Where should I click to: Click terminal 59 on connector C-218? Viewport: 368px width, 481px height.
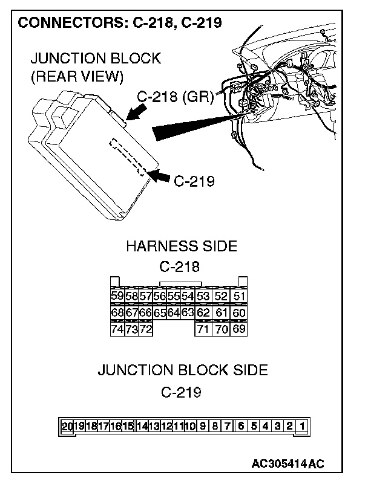[x=117, y=296]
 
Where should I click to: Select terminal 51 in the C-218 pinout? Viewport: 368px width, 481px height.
[x=240, y=296]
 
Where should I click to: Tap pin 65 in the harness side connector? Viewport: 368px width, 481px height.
[x=160, y=313]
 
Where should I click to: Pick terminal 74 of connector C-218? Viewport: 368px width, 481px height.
[x=117, y=329]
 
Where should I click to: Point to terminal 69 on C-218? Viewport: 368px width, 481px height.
[x=240, y=329]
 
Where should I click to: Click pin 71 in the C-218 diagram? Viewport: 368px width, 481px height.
[x=203, y=329]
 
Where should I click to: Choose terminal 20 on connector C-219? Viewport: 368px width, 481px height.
[x=67, y=426]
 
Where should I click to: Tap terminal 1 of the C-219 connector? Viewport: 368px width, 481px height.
[x=301, y=426]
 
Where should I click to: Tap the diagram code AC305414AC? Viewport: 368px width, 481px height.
[x=289, y=463]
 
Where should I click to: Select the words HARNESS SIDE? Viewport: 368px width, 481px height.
[x=181, y=246]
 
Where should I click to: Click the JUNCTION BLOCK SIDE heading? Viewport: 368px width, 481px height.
[x=182, y=370]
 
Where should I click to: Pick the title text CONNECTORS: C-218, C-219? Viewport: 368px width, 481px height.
[x=120, y=23]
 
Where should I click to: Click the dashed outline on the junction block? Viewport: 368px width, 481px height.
[x=128, y=157]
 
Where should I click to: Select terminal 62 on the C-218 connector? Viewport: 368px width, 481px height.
[x=203, y=313]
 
